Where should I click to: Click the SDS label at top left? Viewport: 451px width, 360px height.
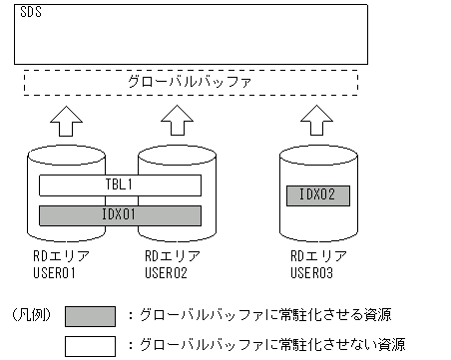click(30, 17)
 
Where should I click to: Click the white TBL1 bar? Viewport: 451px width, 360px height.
click(120, 185)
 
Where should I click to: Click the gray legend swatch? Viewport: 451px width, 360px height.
click(92, 316)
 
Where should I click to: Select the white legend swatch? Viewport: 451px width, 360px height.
click(92, 345)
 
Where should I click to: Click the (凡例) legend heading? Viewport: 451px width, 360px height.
click(30, 314)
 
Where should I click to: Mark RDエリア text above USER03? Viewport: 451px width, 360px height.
click(310, 255)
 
